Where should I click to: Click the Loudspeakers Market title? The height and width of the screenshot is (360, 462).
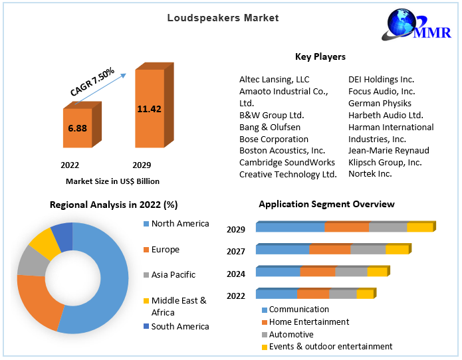(223, 18)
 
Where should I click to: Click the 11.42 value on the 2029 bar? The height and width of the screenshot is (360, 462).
(149, 109)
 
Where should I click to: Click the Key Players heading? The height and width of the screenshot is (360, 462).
(320, 56)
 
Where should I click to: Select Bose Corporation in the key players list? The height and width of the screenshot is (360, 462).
(274, 139)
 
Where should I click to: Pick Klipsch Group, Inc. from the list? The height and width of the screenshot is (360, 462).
(385, 162)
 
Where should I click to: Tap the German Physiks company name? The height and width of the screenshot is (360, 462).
(380, 103)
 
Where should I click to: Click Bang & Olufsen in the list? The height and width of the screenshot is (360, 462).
(270, 127)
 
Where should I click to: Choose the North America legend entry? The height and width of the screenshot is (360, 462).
(179, 224)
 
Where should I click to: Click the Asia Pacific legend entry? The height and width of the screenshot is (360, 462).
(173, 274)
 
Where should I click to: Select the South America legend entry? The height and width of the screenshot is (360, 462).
(179, 326)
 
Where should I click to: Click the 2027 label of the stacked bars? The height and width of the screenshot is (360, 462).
(236, 252)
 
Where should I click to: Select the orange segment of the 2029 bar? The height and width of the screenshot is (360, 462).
(346, 227)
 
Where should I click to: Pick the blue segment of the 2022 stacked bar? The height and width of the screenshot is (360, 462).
(277, 294)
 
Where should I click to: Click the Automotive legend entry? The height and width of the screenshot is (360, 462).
(291, 334)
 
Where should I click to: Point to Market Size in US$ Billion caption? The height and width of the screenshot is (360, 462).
(112, 181)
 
